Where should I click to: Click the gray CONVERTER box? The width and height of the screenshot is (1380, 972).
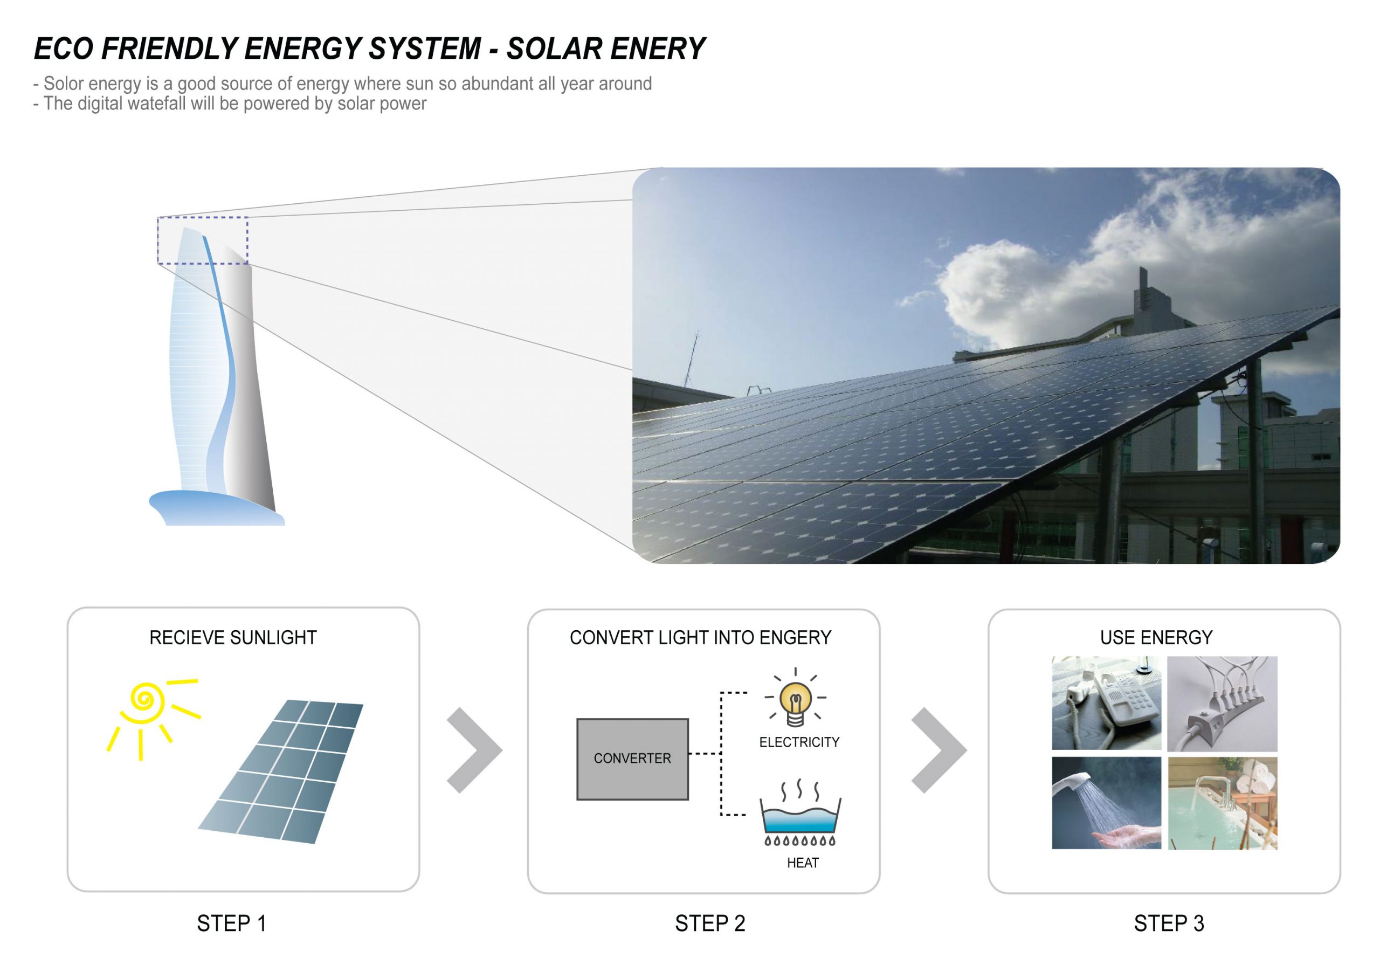coord(632,759)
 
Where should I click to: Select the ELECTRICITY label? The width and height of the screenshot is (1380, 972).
coord(799,742)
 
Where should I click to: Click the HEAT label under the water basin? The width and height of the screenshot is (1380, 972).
coord(803,863)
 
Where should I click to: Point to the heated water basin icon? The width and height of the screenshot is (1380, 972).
coord(800,815)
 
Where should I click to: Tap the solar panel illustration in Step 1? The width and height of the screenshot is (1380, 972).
coord(281,771)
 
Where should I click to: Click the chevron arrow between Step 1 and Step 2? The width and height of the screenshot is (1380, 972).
coord(474,750)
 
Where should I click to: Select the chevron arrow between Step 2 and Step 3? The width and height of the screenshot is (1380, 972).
coord(939,750)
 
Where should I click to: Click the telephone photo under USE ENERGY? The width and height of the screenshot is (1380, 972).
coord(1106,702)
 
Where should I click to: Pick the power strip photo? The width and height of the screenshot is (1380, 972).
coord(1222,704)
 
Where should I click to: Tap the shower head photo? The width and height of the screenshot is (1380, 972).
coord(1106,803)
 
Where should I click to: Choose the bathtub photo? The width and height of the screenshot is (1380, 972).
coord(1223,803)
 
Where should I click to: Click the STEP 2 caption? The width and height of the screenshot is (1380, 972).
coord(710,923)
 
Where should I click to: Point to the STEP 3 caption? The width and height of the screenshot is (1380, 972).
coord(1169,923)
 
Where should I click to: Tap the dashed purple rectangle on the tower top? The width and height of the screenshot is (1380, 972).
coord(203,218)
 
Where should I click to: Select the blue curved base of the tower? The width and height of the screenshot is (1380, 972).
coord(216,508)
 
